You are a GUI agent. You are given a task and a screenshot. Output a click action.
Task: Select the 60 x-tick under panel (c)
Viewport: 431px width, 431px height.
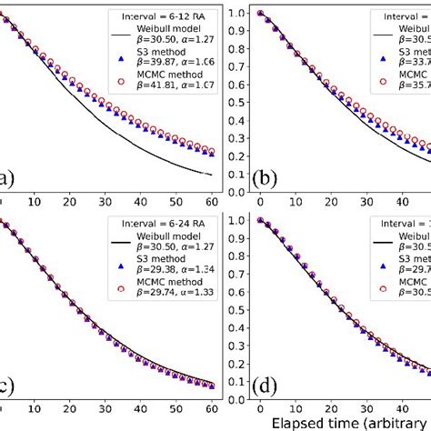[211, 411]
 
